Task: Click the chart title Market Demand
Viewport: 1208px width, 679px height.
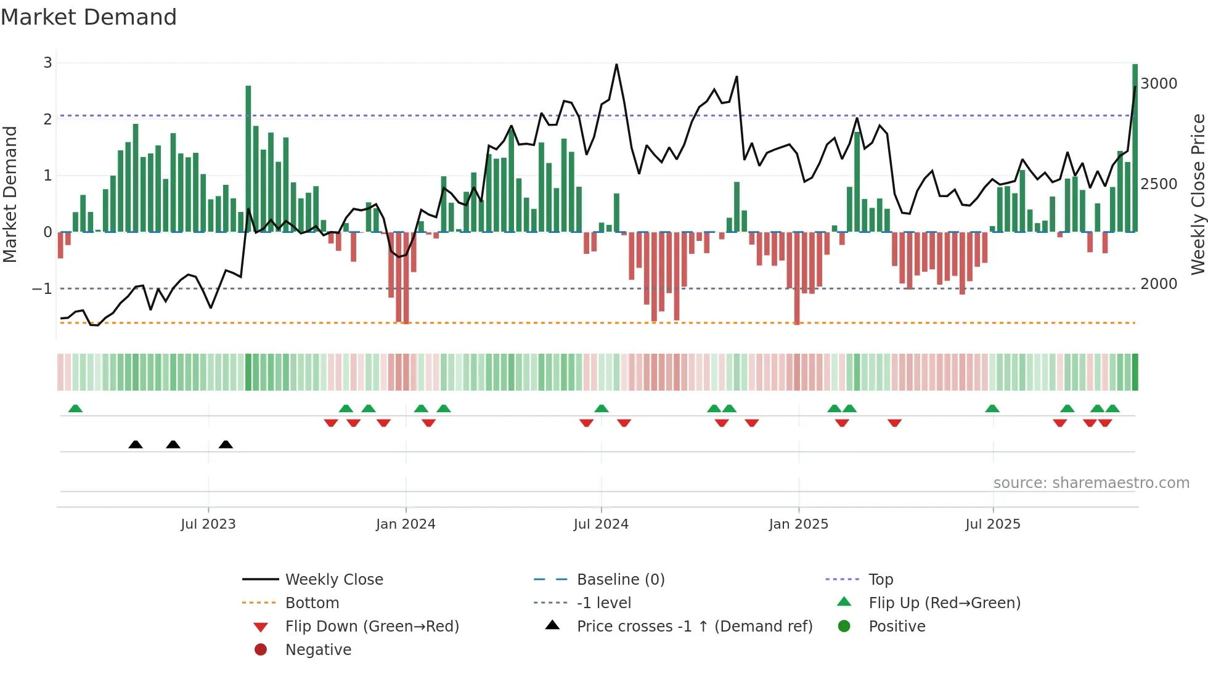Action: (x=89, y=17)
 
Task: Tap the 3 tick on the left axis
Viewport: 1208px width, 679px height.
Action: (x=47, y=62)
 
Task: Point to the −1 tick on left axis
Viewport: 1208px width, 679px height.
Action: (x=42, y=288)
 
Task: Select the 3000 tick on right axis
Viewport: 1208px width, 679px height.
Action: (x=1159, y=84)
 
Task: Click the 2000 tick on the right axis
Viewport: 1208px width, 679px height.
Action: (x=1159, y=284)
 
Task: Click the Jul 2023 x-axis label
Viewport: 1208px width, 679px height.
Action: (x=208, y=524)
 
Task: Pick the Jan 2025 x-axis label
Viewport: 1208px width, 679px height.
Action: (x=799, y=524)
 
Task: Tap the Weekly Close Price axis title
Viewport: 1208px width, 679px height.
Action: (x=1198, y=194)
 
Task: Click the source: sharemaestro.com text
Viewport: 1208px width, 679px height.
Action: (x=1091, y=483)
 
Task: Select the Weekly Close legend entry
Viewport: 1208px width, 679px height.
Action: (x=333, y=580)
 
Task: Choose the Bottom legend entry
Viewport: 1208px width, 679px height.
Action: (x=312, y=603)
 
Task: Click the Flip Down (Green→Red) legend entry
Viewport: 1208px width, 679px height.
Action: (x=372, y=627)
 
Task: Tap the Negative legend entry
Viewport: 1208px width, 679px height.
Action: (x=318, y=650)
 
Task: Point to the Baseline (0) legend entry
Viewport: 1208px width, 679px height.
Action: (x=620, y=580)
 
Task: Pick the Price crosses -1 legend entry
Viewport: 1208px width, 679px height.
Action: (x=694, y=627)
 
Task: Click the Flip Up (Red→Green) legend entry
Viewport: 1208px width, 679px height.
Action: (x=944, y=603)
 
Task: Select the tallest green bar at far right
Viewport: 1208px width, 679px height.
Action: (x=1135, y=148)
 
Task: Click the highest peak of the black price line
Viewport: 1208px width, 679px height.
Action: (x=616, y=65)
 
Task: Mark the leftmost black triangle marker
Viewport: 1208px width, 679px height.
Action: (x=136, y=444)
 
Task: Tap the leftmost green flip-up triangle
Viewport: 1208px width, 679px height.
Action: (x=75, y=409)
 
